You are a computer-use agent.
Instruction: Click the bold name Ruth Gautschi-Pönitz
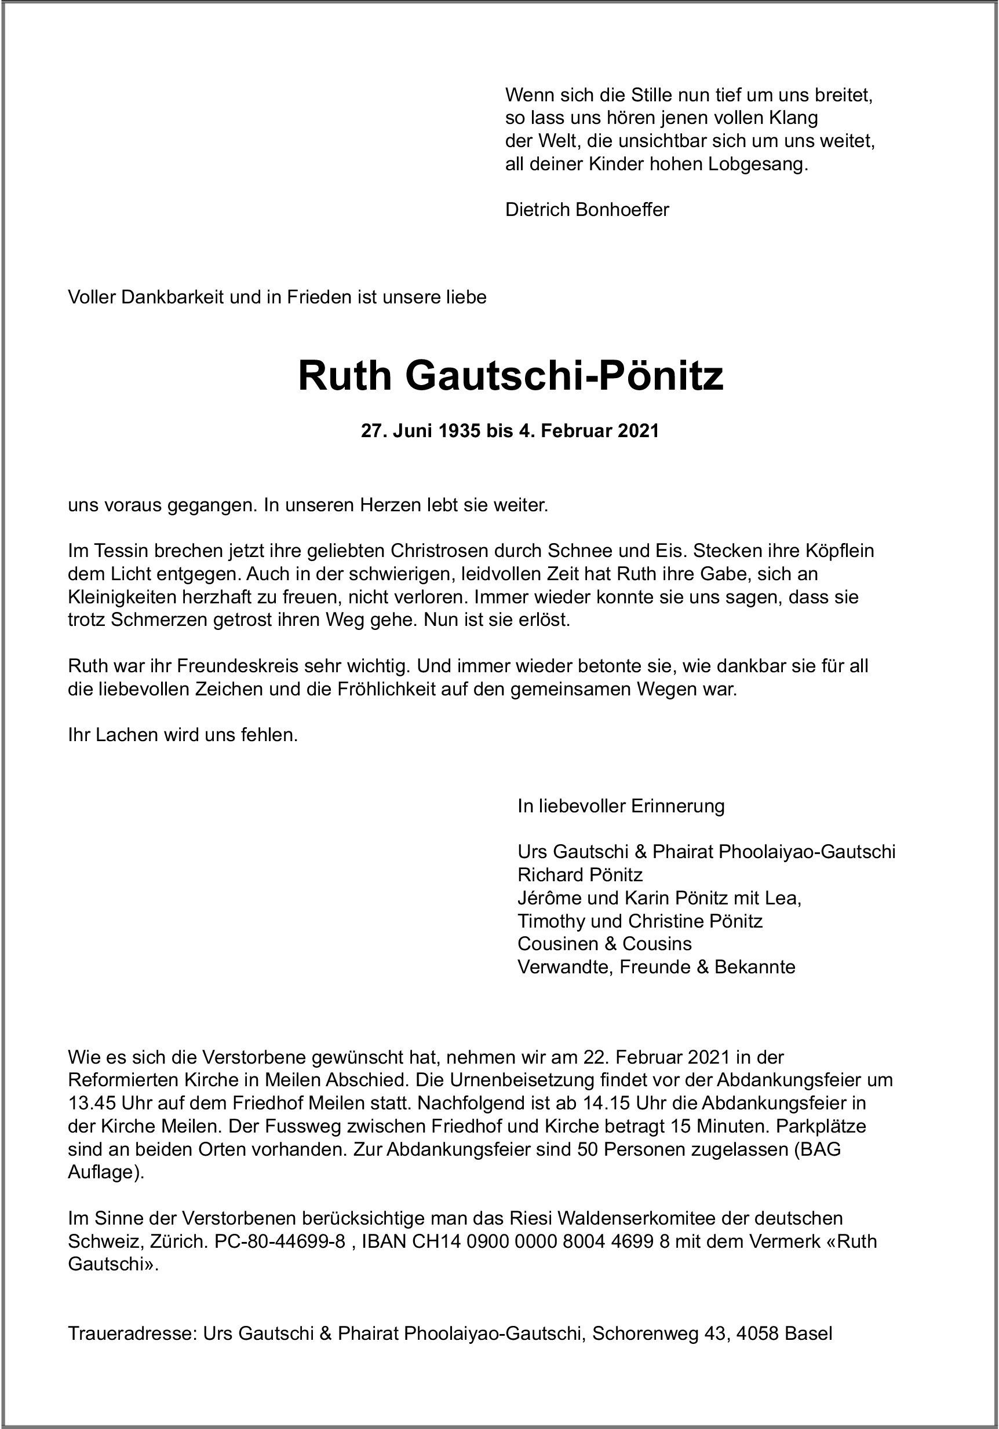[511, 376]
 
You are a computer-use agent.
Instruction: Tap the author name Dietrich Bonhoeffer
[586, 210]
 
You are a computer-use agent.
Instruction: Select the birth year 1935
[458, 431]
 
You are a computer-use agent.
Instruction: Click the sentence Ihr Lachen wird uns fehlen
[183, 735]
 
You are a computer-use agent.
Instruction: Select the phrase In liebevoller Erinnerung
[621, 806]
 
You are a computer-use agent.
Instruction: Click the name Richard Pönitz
[580, 875]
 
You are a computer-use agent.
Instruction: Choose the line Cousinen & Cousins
[604, 944]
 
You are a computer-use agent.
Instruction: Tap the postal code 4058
[758, 1334]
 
